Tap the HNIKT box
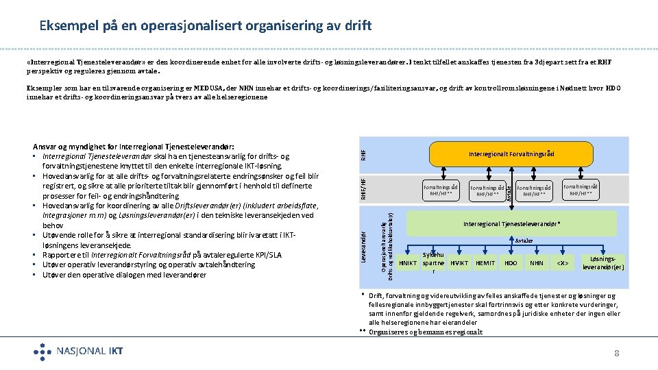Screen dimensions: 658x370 point(408,263)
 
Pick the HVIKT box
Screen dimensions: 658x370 point(459,263)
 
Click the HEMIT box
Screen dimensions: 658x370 point(485,263)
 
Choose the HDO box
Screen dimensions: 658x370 point(511,263)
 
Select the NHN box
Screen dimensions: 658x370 point(537,263)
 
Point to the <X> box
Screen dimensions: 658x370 point(563,263)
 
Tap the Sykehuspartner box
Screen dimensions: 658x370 point(433,263)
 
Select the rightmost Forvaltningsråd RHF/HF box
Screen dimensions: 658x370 point(580,189)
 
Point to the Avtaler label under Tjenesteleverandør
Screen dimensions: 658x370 point(524,241)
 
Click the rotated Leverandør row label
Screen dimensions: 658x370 point(365,248)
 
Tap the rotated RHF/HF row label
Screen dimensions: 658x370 point(365,190)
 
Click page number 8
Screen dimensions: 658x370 point(617,353)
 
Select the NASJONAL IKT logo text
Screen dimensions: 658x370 point(90,351)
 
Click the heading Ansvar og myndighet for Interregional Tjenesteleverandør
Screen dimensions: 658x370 point(134,146)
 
